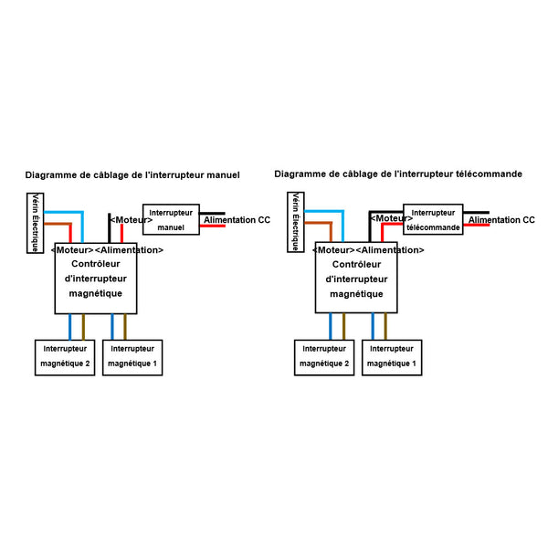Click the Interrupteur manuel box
click(x=170, y=219)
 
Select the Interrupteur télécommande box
click(x=433, y=220)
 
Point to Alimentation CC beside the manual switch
click(x=237, y=221)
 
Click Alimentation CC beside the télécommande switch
click(x=501, y=221)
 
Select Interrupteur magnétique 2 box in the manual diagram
click(x=65, y=356)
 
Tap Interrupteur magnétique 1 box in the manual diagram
click(x=132, y=356)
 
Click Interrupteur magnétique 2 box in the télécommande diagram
click(x=324, y=356)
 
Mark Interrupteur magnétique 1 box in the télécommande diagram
click(x=392, y=356)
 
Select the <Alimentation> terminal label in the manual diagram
click(x=129, y=250)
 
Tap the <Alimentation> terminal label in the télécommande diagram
click(x=389, y=250)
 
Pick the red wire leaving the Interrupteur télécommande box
click(x=475, y=226)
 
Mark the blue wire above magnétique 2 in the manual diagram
click(x=70, y=326)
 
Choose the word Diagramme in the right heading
click(x=299, y=174)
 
